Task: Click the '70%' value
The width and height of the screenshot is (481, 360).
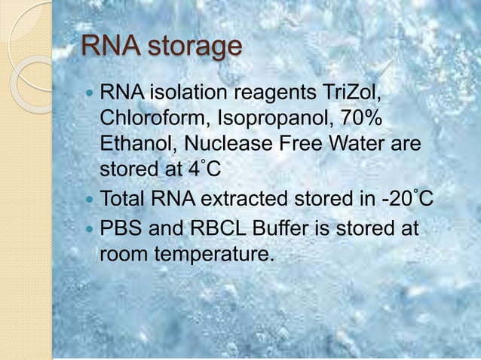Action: (360, 121)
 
